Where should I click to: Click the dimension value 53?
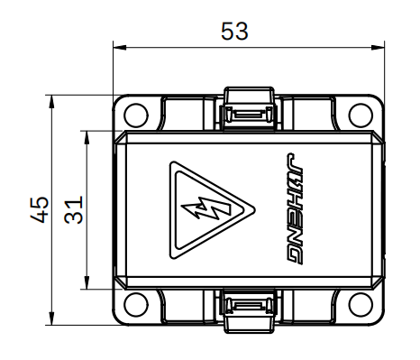point(234,31)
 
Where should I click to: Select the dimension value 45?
point(40,209)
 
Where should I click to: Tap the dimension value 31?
point(73,209)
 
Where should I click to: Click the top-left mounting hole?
point(136,115)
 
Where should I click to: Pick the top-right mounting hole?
point(361,115)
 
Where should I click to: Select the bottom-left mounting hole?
point(136,304)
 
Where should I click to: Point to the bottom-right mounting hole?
point(361,304)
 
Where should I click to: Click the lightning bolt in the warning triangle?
point(206,208)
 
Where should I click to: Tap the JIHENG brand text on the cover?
point(294,209)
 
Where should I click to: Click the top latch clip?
point(249,108)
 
